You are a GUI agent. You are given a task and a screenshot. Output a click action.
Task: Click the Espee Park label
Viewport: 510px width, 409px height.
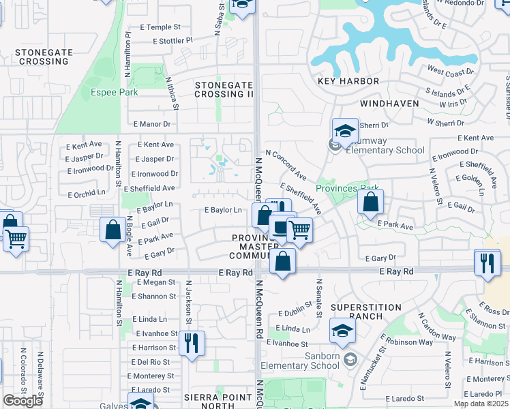[115, 92]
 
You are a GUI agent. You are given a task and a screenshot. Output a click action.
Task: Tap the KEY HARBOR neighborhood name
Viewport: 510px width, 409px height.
[348, 81]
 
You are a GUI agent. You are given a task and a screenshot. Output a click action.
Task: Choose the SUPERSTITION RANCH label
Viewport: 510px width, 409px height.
[365, 313]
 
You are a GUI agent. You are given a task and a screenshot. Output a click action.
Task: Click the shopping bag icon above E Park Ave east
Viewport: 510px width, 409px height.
[370, 202]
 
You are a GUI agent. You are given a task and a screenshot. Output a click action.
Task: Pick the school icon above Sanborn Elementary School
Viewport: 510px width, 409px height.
[342, 331]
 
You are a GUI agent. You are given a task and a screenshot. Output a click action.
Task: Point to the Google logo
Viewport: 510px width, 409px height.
[22, 401]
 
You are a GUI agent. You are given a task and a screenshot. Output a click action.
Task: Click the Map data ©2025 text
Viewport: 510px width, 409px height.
[480, 404]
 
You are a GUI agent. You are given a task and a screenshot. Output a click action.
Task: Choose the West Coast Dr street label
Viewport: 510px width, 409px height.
[450, 71]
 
